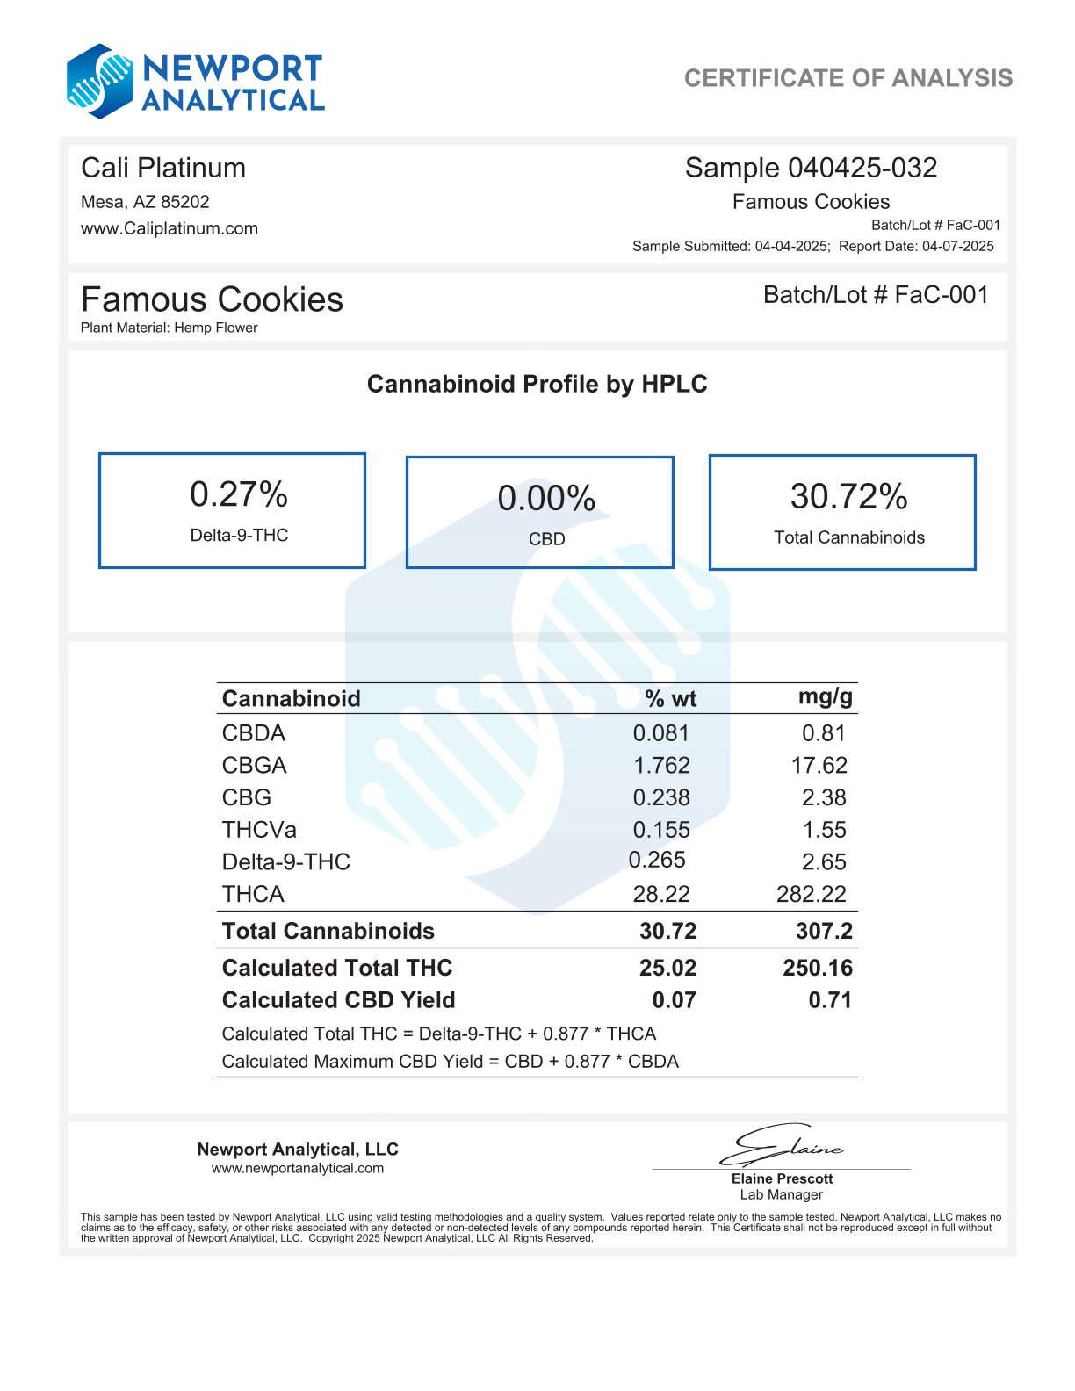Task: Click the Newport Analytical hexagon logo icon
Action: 100,82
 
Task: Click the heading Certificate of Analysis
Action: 848,78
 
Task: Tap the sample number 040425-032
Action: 862,168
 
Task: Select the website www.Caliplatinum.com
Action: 170,228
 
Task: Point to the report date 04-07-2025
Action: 957,246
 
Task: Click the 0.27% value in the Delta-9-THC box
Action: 239,494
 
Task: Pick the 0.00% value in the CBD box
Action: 546,499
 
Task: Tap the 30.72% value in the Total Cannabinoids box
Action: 848,496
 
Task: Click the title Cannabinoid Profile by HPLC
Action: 537,384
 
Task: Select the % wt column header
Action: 670,699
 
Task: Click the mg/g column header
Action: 825,697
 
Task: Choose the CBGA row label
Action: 255,765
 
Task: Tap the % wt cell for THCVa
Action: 661,830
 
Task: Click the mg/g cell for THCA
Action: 811,894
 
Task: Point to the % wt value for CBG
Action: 661,797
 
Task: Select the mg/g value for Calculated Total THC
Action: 817,968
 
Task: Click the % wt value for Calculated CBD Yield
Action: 674,1000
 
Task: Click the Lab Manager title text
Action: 781,1194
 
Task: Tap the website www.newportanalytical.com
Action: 297,1168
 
